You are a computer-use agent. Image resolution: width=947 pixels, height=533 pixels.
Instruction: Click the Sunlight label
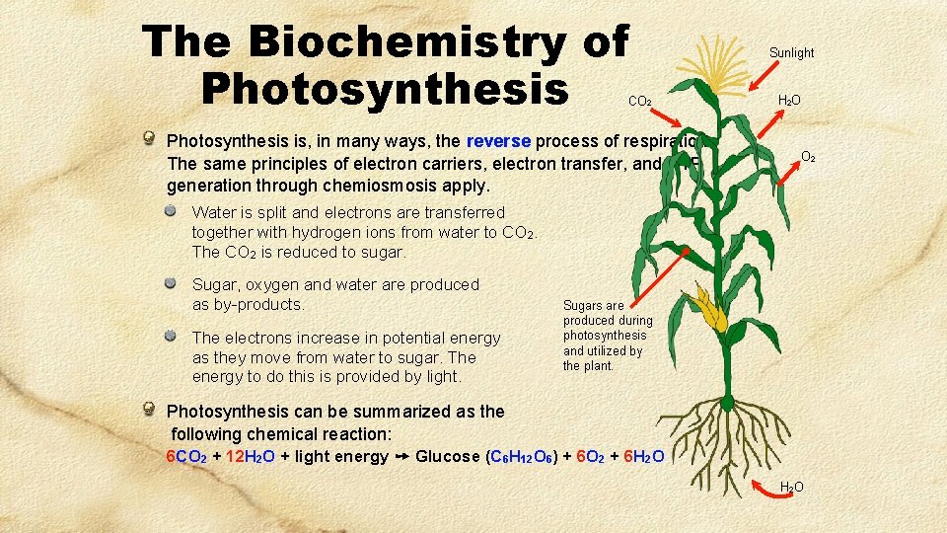click(791, 52)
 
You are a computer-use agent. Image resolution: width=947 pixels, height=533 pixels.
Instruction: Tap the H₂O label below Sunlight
click(789, 100)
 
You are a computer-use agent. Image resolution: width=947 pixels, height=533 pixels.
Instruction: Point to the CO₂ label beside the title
click(638, 101)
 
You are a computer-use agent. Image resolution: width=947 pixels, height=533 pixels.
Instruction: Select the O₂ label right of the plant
click(807, 156)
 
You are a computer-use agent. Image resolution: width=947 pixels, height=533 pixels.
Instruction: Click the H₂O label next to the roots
click(791, 487)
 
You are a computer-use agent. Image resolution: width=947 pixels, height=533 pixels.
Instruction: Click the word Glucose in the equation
click(449, 456)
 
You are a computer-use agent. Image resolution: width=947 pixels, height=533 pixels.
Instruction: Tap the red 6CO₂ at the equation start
click(185, 456)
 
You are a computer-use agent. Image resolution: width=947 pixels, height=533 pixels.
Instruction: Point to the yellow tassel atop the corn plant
click(725, 65)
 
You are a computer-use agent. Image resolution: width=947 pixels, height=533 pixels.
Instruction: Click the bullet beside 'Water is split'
click(173, 211)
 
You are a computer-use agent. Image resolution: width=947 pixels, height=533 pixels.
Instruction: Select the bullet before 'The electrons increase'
click(173, 337)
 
